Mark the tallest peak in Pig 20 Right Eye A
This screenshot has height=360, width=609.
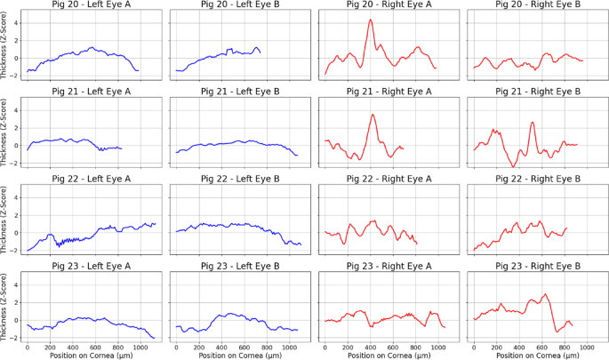pyautogui.click(x=370, y=20)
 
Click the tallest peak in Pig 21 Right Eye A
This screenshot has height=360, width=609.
pyautogui.click(x=373, y=114)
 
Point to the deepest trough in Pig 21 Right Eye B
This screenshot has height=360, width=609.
pyautogui.click(x=513, y=166)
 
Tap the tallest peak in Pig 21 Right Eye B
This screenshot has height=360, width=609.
pyautogui.click(x=532, y=123)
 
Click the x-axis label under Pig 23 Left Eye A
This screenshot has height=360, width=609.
pyautogui.click(x=90, y=354)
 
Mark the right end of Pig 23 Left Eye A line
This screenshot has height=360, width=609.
pyautogui.click(x=155, y=339)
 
